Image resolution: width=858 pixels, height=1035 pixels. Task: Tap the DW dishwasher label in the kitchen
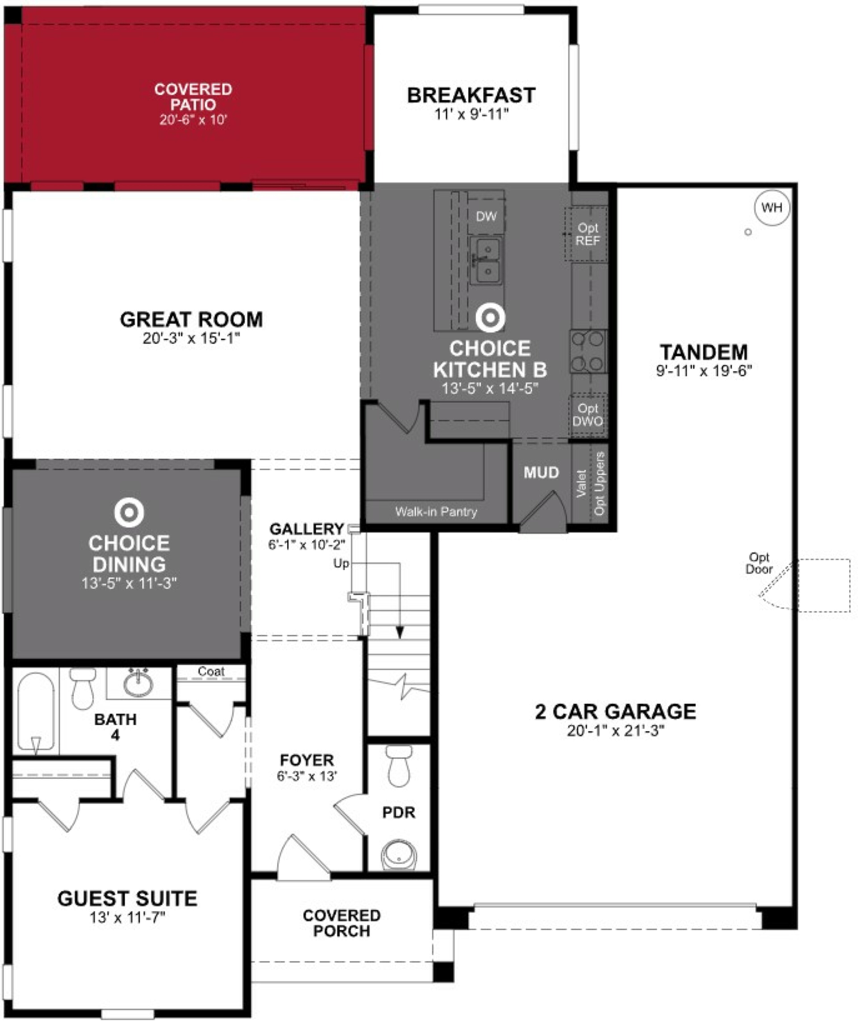coord(486,216)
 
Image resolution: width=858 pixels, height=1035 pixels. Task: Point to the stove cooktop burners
coord(588,351)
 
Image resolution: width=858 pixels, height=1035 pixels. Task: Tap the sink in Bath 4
coord(139,684)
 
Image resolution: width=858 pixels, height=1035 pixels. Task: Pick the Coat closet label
coord(211,671)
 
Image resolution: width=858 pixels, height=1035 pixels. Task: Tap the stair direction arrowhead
coord(400,632)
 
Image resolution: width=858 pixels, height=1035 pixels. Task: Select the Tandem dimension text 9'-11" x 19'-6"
coord(704,371)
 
